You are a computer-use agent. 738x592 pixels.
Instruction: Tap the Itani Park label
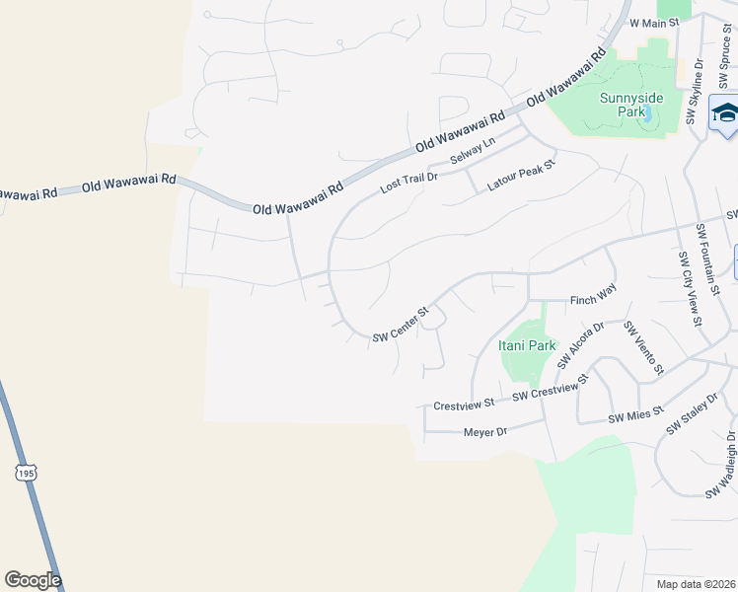click(x=527, y=345)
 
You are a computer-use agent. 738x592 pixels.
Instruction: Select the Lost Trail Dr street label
click(x=410, y=181)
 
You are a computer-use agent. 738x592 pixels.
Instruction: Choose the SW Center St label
click(x=400, y=326)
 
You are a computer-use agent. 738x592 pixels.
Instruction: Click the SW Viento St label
click(x=642, y=346)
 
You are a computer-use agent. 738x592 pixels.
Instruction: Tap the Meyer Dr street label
click(x=484, y=431)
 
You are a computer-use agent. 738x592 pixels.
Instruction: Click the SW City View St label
click(x=689, y=288)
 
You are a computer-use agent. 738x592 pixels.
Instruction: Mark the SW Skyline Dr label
click(x=696, y=93)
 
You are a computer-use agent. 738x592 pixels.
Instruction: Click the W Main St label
click(x=655, y=22)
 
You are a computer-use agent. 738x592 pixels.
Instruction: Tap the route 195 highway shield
click(x=26, y=473)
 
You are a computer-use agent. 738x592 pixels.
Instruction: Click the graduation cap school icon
click(x=725, y=113)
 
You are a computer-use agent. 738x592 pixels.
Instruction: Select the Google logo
click(x=33, y=580)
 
